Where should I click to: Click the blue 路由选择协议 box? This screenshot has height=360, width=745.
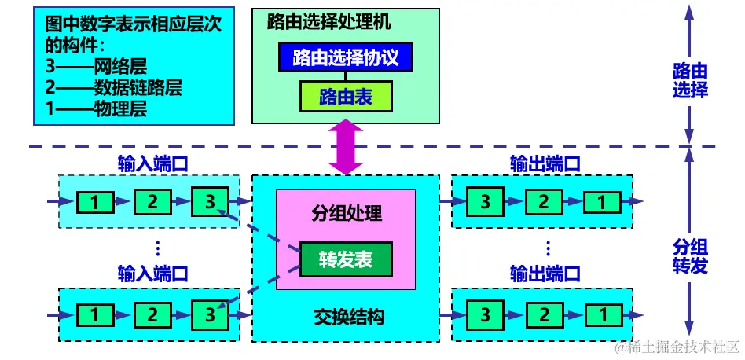pos(345,58)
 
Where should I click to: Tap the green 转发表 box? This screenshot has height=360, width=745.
pos(345,259)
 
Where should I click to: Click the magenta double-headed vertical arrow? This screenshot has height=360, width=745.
pos(345,147)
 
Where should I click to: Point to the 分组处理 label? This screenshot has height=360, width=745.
pos(345,213)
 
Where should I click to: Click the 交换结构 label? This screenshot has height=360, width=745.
pos(345,318)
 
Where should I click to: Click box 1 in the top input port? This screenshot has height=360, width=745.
pos(94,202)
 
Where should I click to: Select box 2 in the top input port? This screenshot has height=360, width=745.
pos(152,202)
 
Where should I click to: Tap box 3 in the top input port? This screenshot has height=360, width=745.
pos(209,202)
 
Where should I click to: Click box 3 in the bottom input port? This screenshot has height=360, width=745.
pos(209,315)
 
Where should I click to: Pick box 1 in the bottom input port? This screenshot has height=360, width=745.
pos(94,315)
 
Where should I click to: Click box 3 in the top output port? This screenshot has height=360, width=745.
pos(486,202)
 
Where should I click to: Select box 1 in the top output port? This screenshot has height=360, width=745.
pos(600,202)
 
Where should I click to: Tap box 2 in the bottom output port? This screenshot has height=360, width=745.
pos(543,315)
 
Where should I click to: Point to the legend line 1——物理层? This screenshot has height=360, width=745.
pos(97,108)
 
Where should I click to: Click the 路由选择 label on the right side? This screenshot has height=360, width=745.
pos(689,80)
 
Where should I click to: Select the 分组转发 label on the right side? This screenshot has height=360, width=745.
pos(689,255)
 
